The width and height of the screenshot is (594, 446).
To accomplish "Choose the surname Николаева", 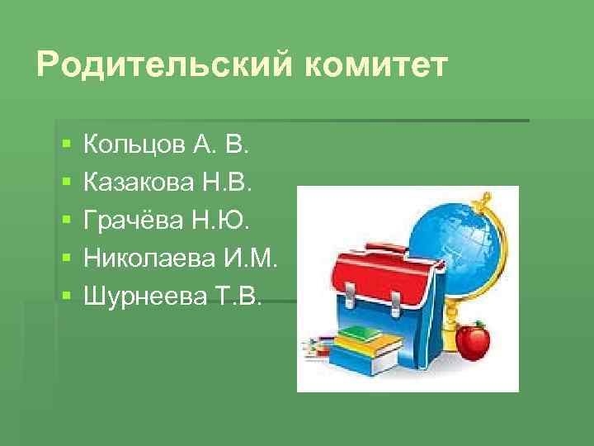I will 149,259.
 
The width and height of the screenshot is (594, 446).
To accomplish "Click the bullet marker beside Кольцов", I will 65,146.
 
